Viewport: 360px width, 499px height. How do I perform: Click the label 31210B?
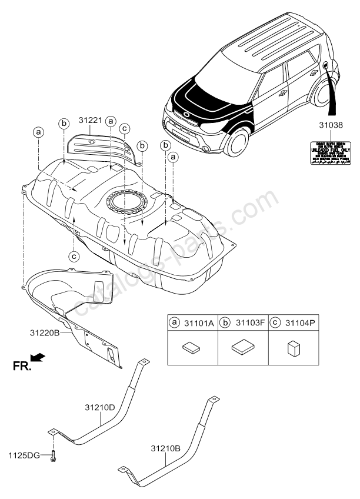[166, 448]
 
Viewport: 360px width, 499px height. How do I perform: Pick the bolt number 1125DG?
[23, 455]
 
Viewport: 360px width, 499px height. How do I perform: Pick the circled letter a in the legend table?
[175, 322]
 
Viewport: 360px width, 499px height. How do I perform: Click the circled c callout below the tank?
[74, 256]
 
